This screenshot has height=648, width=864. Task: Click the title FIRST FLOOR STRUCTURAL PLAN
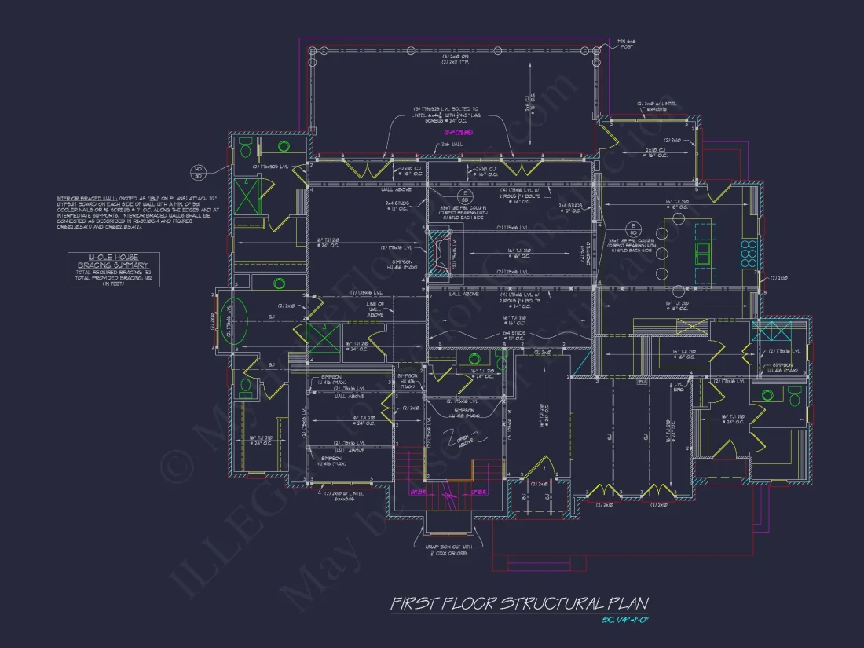point(520,603)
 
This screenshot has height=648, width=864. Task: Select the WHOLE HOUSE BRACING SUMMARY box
point(113,269)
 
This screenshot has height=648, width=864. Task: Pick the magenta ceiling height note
point(449,133)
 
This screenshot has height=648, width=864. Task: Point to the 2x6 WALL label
point(449,144)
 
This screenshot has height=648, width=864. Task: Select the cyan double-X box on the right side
point(766,330)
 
